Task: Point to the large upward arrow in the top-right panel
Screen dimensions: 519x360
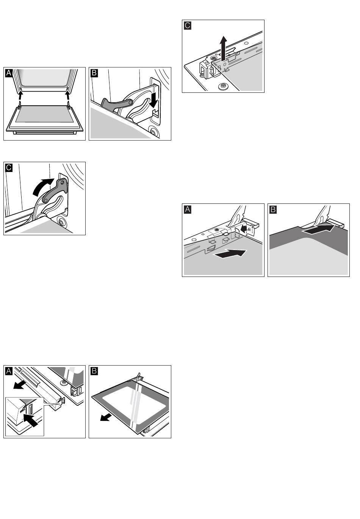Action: pyautogui.click(x=224, y=47)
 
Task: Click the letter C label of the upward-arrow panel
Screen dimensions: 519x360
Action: pyautogui.click(x=187, y=26)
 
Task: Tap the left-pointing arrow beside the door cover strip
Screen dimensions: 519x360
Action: pyautogui.click(x=17, y=385)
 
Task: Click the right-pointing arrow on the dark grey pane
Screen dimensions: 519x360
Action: pyautogui.click(x=318, y=228)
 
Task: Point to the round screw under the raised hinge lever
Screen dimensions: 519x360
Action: pyautogui.click(x=60, y=221)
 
